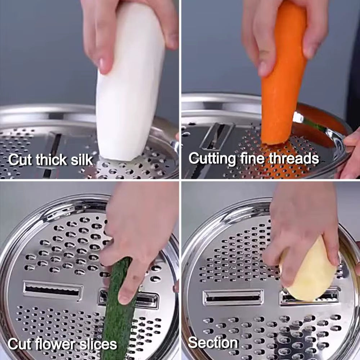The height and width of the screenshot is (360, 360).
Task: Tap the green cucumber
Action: pos(118,308)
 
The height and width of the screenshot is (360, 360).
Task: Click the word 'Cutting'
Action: pos(212,159)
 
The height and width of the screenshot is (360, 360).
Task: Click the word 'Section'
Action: pos(213,343)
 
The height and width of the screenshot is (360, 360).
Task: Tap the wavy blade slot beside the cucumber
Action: pos(53,290)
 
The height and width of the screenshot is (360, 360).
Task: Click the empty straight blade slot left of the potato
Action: pos(233,297)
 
